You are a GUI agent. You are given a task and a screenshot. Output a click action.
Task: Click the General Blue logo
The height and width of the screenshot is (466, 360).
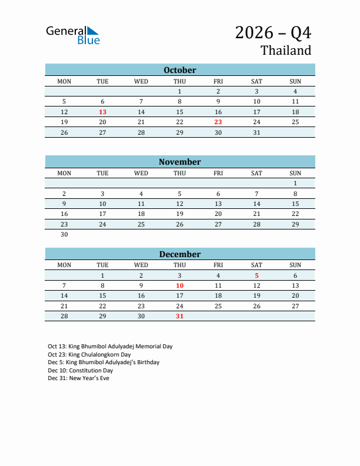(73, 35)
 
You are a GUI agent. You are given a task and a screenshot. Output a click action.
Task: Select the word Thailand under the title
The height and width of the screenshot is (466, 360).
(286, 51)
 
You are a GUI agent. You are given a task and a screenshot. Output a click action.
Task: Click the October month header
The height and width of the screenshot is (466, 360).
(180, 70)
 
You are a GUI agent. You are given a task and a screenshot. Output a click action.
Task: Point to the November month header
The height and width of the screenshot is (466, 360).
(180, 162)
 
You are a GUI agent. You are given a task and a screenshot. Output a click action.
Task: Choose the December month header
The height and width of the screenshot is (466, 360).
(180, 254)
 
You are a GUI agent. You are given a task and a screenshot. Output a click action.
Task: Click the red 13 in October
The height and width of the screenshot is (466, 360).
(102, 112)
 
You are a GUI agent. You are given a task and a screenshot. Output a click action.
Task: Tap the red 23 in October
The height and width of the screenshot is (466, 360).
(218, 122)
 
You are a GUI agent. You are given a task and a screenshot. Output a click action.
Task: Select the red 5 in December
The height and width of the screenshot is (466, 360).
(256, 275)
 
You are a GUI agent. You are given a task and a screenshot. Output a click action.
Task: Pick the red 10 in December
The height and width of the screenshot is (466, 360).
(179, 286)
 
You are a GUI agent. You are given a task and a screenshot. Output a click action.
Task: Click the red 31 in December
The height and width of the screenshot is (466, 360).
(179, 317)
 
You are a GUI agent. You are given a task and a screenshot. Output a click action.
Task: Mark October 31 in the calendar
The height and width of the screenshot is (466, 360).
(256, 132)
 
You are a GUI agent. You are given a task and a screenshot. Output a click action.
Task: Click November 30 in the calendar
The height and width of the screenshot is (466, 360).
(64, 234)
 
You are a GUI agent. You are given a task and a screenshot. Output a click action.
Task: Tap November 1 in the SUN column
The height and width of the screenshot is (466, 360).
(295, 183)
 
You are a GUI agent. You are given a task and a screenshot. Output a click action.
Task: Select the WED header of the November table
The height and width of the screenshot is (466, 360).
(141, 173)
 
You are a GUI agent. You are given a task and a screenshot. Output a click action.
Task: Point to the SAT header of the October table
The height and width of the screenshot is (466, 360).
(256, 81)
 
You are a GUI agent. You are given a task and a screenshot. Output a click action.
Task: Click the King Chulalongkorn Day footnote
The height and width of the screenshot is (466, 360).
(89, 355)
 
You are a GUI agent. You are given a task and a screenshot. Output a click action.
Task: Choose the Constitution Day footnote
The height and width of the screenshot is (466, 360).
(80, 371)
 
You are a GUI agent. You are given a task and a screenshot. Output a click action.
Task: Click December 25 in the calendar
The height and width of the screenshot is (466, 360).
(218, 306)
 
